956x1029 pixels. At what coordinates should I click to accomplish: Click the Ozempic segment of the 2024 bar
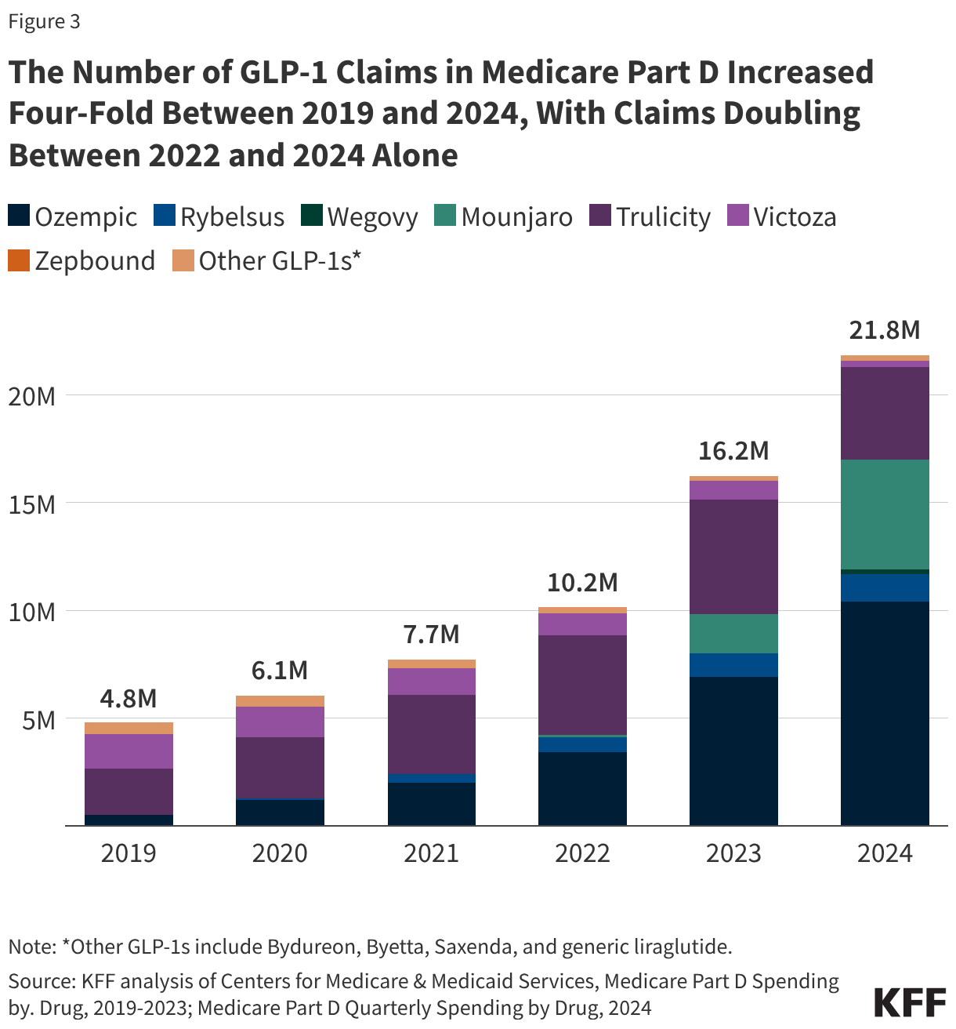tap(885, 713)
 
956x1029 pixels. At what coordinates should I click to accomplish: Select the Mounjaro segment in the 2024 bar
tap(885, 514)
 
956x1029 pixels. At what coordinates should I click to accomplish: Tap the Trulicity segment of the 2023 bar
tap(733, 557)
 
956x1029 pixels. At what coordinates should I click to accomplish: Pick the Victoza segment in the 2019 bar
tap(129, 751)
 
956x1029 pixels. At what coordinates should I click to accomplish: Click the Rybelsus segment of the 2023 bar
tap(733, 665)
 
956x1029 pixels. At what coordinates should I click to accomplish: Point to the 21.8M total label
tap(885, 330)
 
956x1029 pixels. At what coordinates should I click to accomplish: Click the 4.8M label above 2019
tap(129, 698)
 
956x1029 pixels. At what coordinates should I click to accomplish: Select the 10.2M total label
tap(582, 583)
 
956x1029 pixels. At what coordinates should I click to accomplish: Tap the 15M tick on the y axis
tap(32, 504)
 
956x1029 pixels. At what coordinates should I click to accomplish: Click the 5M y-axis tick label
tap(38, 720)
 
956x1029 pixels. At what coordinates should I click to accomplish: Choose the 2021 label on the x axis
tap(431, 853)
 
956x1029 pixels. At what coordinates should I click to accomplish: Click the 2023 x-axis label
tap(733, 853)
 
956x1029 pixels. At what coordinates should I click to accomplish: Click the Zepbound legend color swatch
tap(19, 260)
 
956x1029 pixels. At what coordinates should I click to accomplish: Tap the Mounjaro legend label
tap(516, 217)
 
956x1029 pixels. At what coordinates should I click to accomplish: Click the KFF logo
tap(909, 1002)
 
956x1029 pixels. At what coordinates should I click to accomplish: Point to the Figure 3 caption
tap(44, 21)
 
